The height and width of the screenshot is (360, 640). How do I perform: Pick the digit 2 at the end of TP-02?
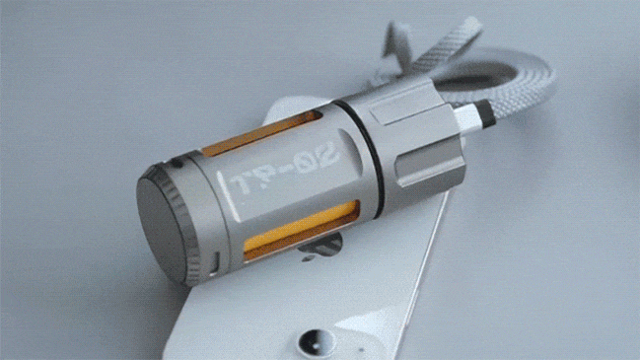[x=327, y=153]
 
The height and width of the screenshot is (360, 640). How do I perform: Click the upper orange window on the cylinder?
[x=260, y=132]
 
